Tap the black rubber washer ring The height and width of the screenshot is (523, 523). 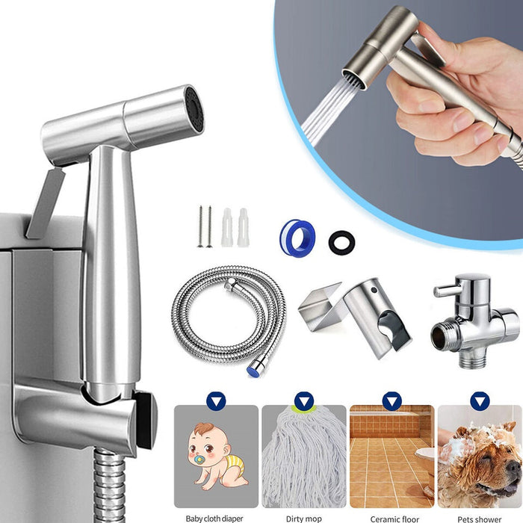pyautogui.click(x=341, y=241)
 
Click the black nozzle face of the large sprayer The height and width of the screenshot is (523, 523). pyautogui.click(x=193, y=112)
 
